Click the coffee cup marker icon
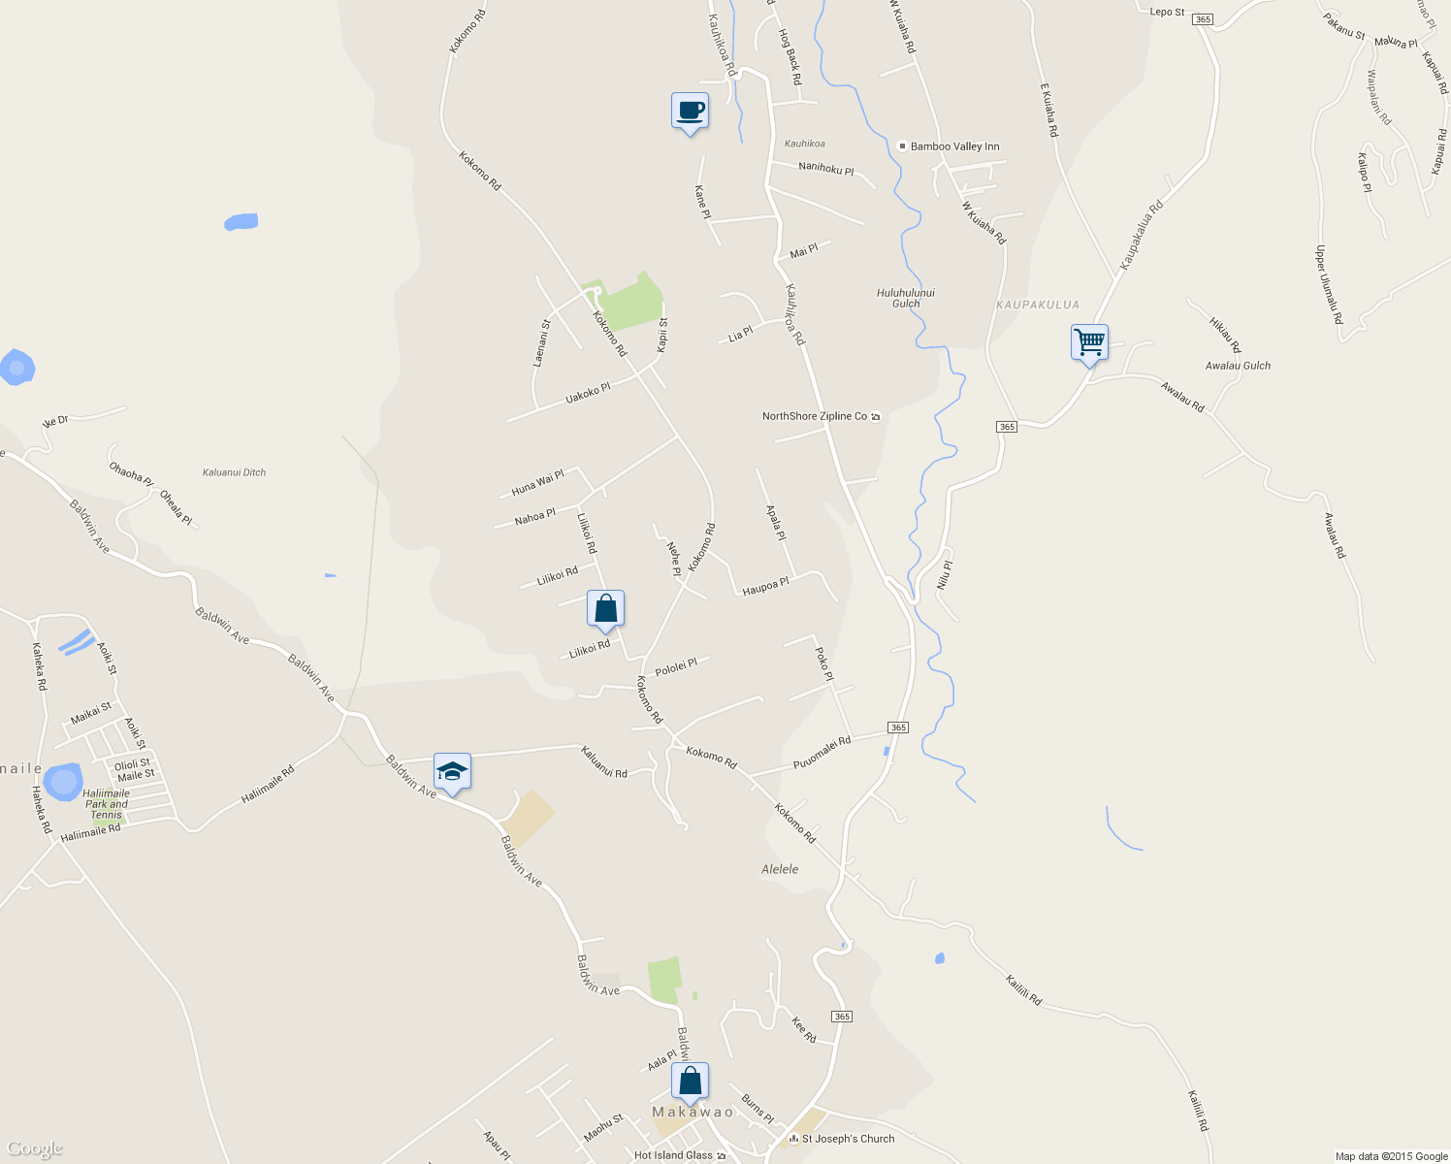point(690,111)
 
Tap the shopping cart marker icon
point(1089,341)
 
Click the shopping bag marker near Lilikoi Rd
point(605,609)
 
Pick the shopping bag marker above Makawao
point(690,1081)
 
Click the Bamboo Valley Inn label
point(954,146)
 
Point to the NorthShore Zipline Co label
point(815,416)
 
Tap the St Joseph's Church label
point(848,1139)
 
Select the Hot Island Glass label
point(673,1155)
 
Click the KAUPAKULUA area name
point(1037,305)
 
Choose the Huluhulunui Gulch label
point(905,298)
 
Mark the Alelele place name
point(780,869)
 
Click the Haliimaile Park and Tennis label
point(106,804)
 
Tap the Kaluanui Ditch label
point(234,472)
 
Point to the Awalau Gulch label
point(1238,366)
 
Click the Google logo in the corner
point(35,1149)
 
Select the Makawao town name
point(693,1112)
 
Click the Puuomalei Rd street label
point(822,753)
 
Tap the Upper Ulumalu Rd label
point(1329,284)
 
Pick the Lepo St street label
point(1167,13)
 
